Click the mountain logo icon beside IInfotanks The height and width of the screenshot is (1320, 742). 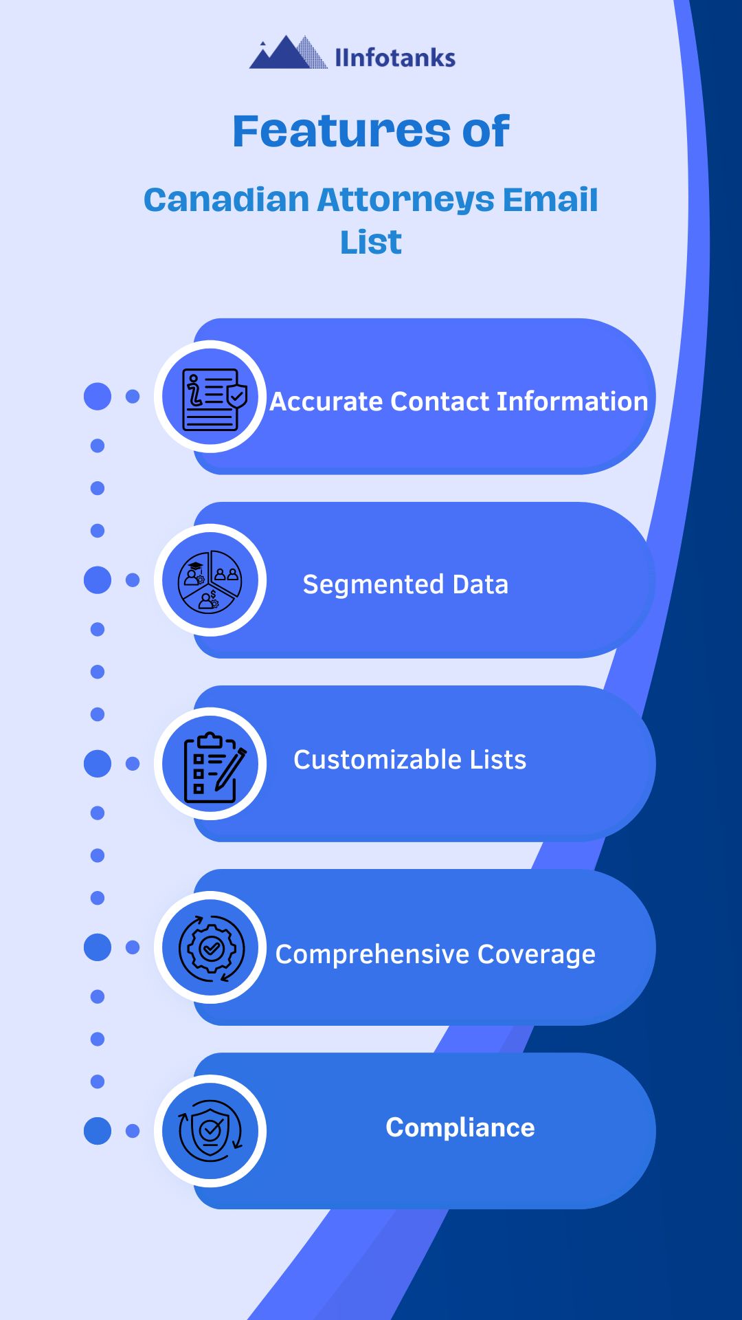click(288, 53)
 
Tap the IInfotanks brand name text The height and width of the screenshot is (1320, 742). click(395, 58)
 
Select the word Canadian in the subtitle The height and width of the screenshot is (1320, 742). click(226, 200)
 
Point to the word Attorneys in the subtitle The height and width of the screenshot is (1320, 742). click(405, 200)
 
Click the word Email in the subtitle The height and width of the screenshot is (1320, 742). click(550, 200)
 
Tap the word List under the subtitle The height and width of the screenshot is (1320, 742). click(371, 242)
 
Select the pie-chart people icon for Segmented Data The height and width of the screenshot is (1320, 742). click(210, 580)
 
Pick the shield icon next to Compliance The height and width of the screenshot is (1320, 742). click(210, 1131)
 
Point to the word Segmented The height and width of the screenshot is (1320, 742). click(373, 584)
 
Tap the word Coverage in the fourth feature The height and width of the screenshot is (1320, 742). click(537, 954)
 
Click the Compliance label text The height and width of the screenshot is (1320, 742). click(460, 1127)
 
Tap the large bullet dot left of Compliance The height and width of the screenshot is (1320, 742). click(98, 1131)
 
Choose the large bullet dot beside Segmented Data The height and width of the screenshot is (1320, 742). click(98, 580)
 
